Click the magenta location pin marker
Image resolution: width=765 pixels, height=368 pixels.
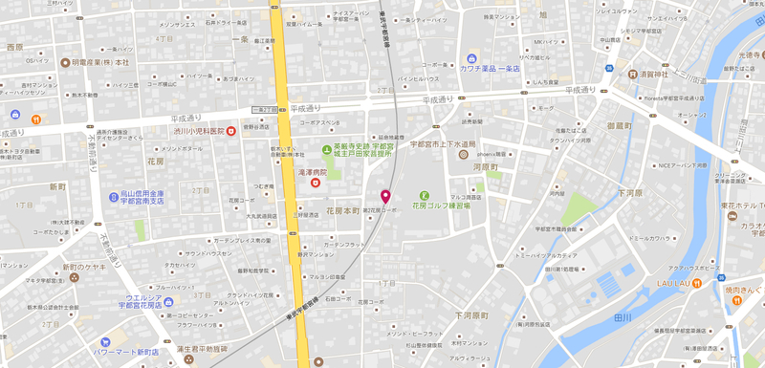pyautogui.click(x=386, y=198)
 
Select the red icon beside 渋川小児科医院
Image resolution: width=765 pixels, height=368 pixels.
pyautogui.click(x=231, y=130)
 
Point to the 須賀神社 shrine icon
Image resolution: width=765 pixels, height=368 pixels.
pyautogui.click(x=632, y=74)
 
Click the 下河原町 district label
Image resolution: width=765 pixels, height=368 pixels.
pyautogui.click(x=470, y=314)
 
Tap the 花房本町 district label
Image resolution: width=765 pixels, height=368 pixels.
pyautogui.click(x=341, y=210)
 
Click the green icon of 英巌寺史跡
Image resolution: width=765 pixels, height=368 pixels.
pyautogui.click(x=326, y=150)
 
